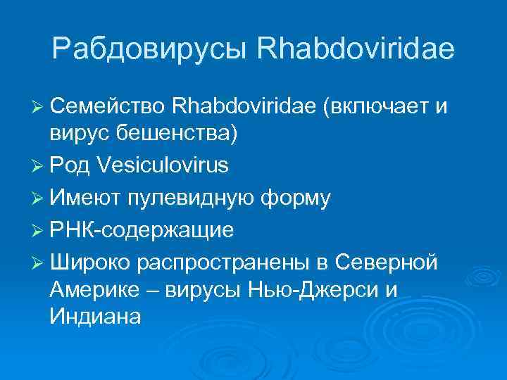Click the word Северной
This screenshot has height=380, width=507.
386,262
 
